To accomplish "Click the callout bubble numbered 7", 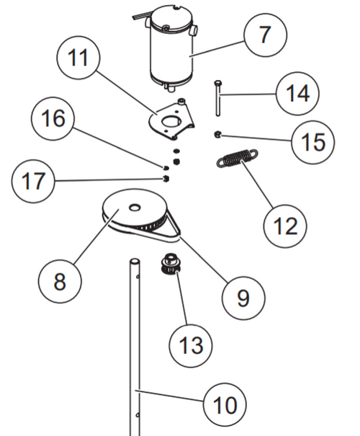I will click(x=264, y=35).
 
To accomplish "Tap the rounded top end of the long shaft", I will click(x=133, y=262).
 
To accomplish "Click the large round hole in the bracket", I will click(x=171, y=122).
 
